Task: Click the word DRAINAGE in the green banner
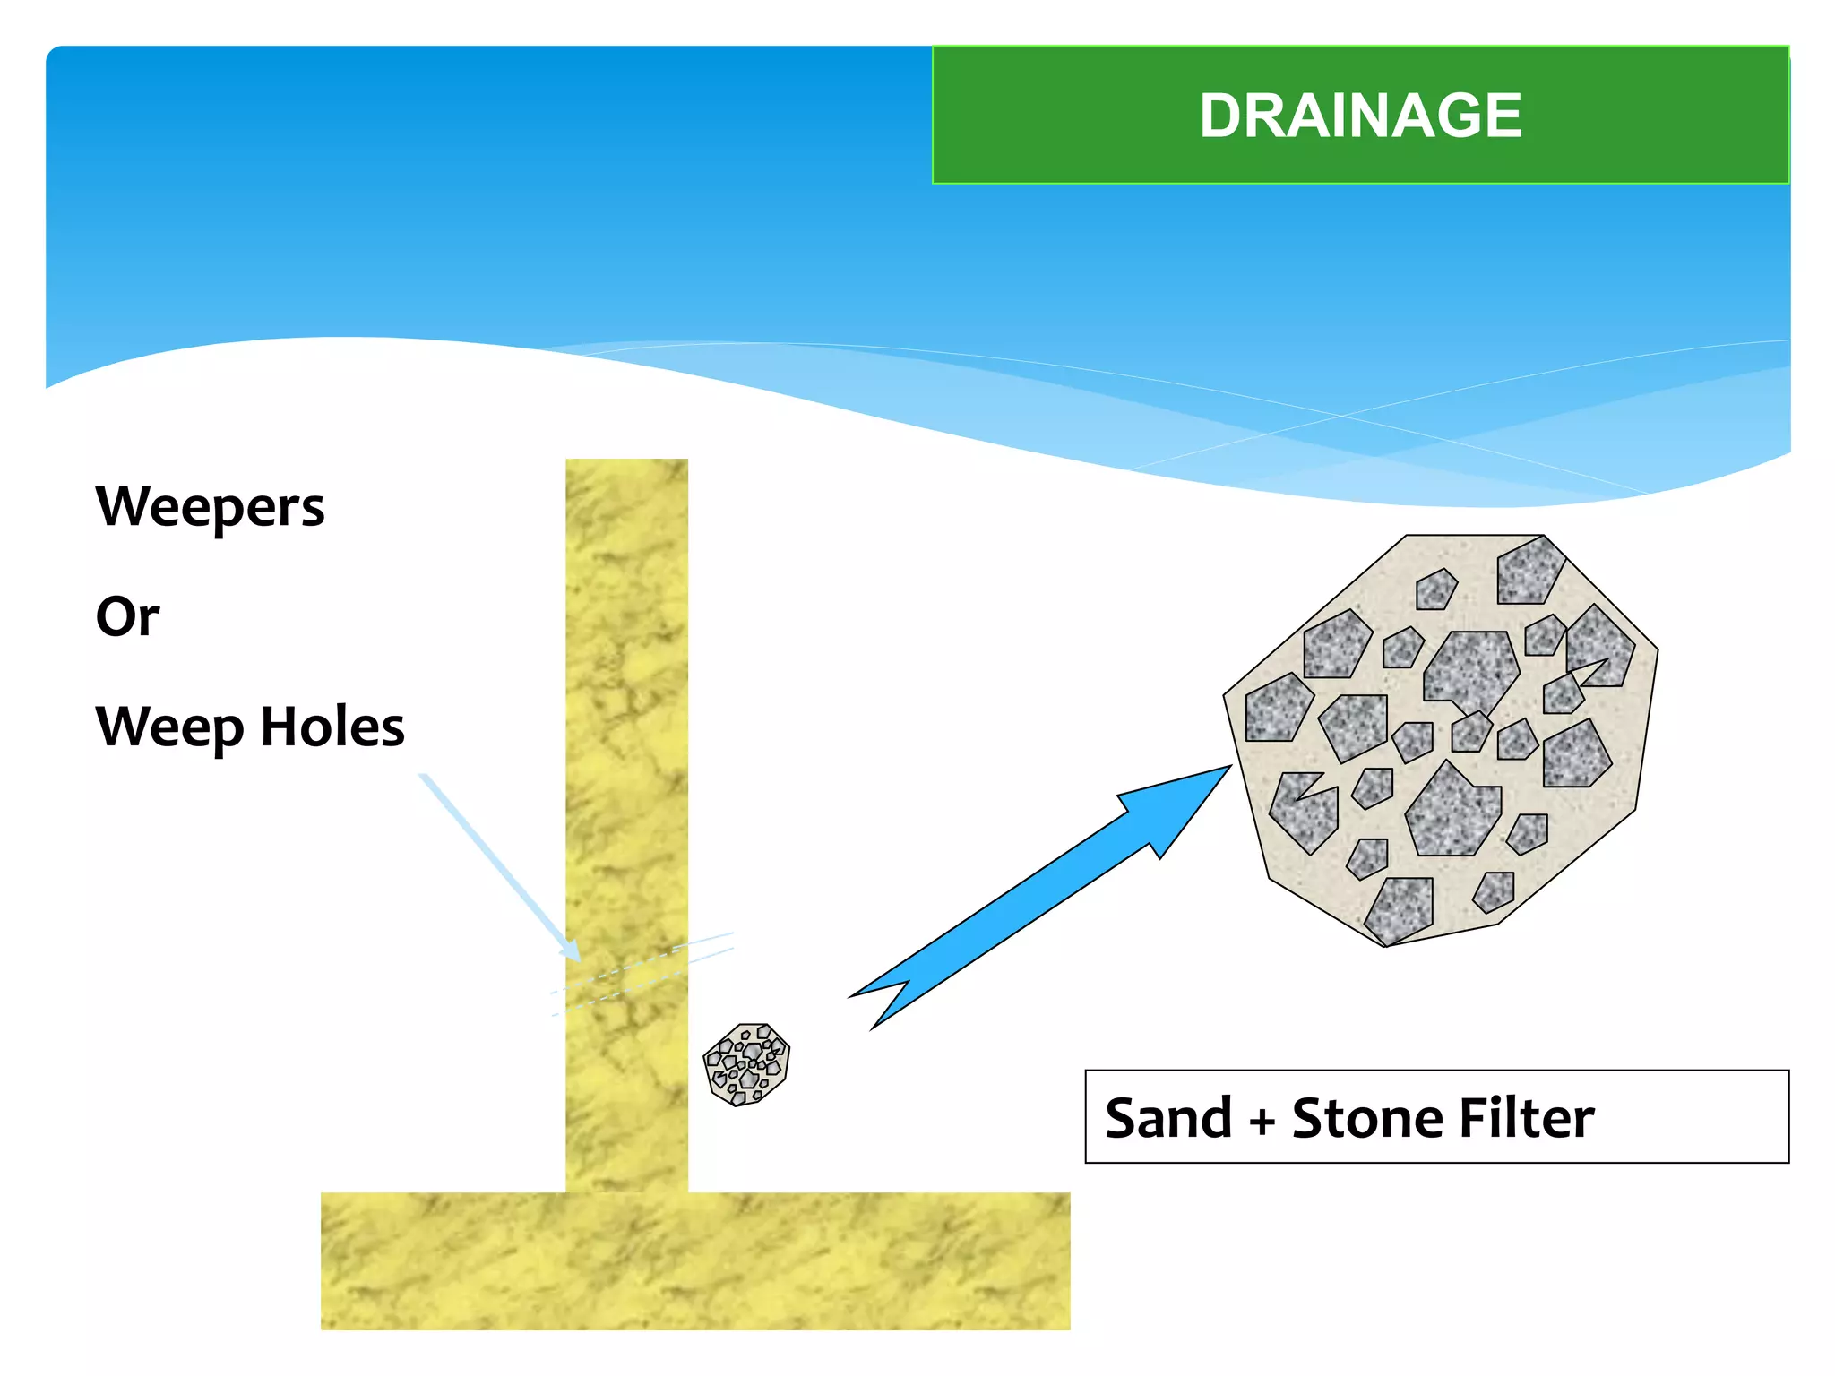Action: click(x=1360, y=116)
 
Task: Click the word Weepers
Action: click(x=210, y=508)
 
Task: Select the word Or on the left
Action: click(x=127, y=616)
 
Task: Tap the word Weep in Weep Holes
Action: click(x=169, y=727)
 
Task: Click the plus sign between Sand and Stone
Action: click(x=1262, y=1122)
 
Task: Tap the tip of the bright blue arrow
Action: click(x=1228, y=769)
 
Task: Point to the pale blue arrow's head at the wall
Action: click(x=571, y=951)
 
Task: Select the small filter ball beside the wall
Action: click(x=746, y=1064)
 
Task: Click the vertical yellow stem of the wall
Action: click(x=626, y=717)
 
